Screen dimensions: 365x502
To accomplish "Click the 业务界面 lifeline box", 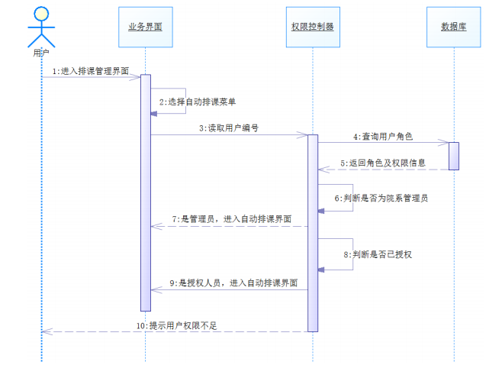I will click(145, 26).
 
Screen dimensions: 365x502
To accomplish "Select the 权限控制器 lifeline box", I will click(312, 26).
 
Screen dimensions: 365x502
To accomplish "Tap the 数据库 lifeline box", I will click(454, 26).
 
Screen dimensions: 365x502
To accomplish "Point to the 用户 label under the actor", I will click(41, 53).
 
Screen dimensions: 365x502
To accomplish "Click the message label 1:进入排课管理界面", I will click(90, 70).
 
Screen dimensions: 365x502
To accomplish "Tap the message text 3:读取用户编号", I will click(228, 128).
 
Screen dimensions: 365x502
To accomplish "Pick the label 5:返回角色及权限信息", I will click(382, 163).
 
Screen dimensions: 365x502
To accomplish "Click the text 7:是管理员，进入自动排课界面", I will click(231, 219).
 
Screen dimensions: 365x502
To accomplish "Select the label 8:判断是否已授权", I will click(377, 254).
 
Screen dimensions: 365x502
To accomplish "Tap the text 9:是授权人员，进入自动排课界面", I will click(231, 283).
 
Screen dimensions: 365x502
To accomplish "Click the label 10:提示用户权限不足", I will click(177, 325).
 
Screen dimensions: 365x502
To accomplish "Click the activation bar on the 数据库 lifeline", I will click(453, 156).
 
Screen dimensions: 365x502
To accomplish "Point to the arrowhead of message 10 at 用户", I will click(46, 331).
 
